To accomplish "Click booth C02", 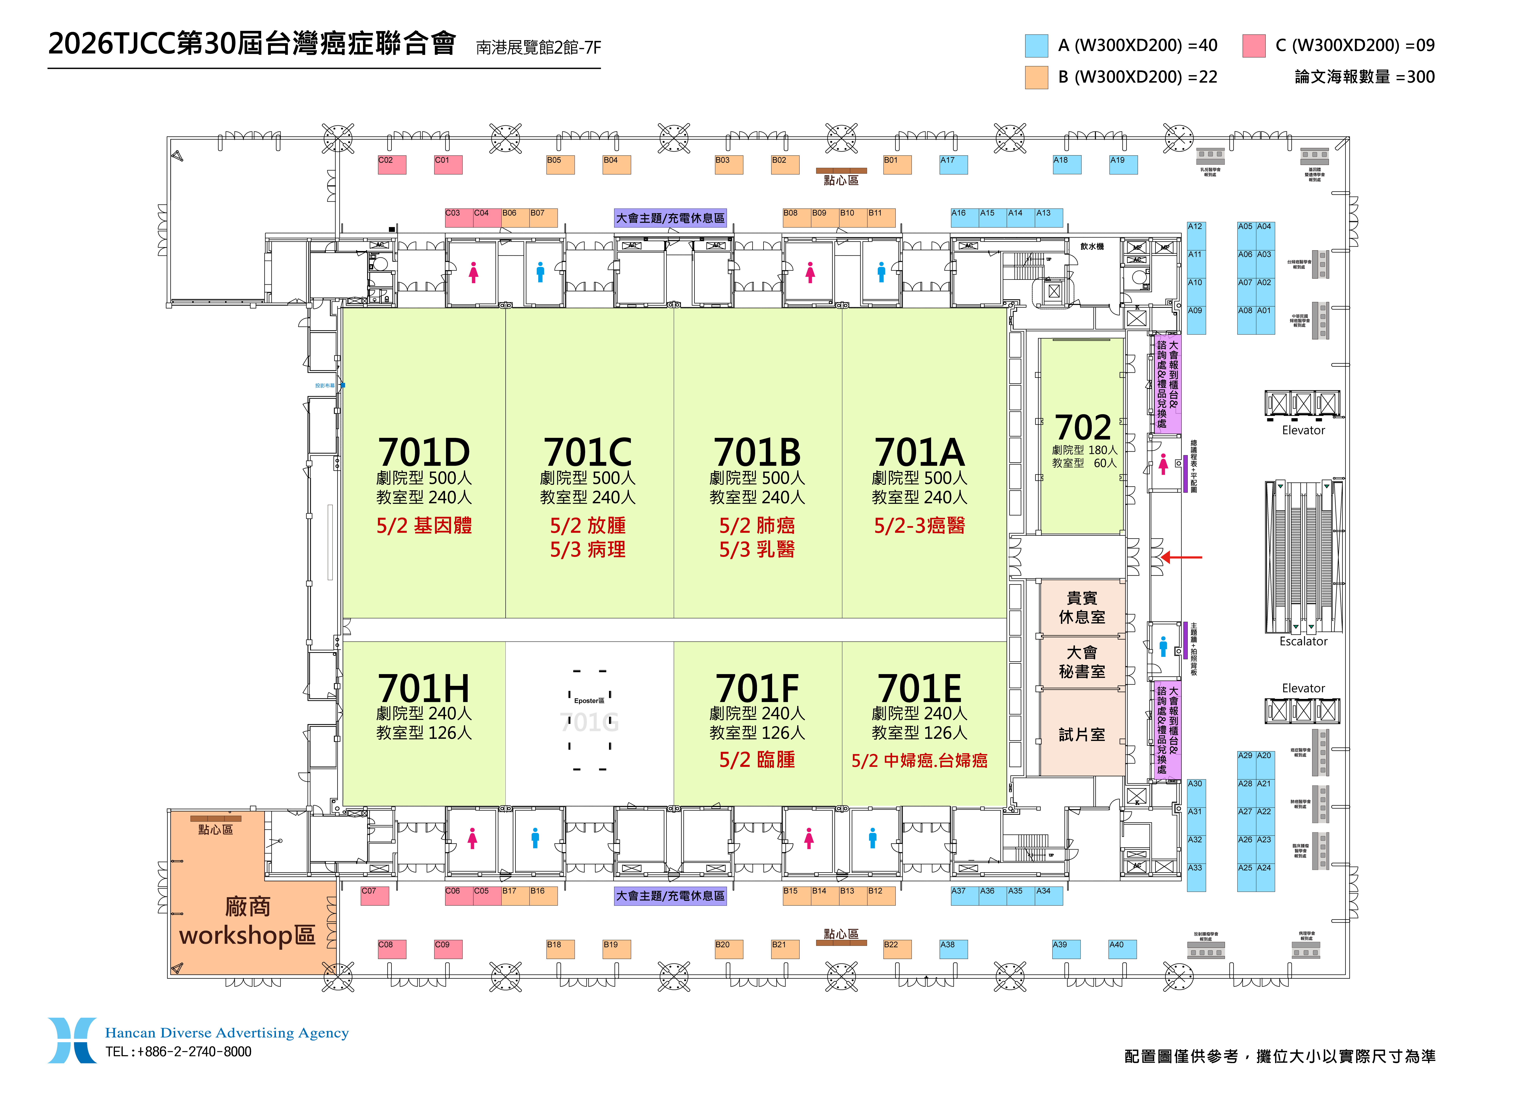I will tap(392, 165).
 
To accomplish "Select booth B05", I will tap(560, 165).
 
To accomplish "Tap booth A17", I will tap(953, 165).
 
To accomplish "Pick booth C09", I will tap(448, 949).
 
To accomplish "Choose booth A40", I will tap(1123, 949).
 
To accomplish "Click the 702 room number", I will tap(1083, 427).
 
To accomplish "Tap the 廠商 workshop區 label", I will tap(247, 921).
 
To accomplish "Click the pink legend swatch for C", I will tap(1254, 45).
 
